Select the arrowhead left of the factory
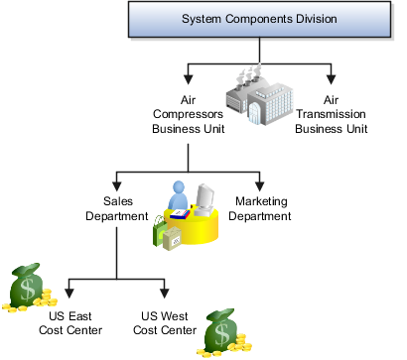point(188,79)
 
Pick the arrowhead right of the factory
point(332,79)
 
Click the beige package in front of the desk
point(175,238)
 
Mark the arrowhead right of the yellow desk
point(260,185)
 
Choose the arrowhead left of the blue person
point(117,185)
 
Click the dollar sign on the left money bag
point(27,290)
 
